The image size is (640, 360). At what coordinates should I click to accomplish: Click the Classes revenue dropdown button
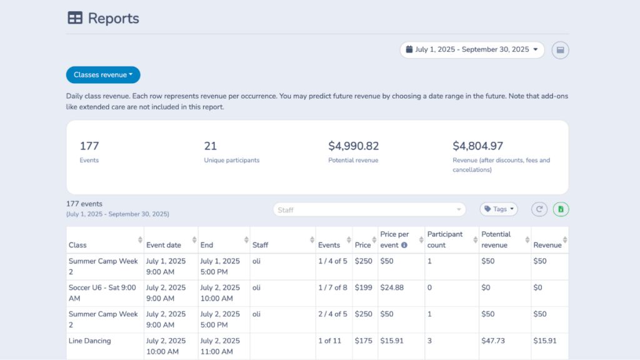103,75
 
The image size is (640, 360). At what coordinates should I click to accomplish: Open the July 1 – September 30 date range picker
472,50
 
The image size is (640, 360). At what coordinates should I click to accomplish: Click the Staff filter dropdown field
369,209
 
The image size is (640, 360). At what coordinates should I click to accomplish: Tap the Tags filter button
499,209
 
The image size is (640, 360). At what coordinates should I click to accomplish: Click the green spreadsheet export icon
561,209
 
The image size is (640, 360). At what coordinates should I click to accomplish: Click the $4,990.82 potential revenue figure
353,146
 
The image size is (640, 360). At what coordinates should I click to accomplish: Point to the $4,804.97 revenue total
477,146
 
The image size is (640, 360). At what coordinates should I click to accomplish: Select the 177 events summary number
89,146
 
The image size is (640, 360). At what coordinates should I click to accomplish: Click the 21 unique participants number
210,146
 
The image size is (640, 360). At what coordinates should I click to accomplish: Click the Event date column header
164,245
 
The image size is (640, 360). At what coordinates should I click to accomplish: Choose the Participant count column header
445,239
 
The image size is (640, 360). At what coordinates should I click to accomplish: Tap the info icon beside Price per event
404,245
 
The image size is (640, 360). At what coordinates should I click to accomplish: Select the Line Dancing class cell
90,341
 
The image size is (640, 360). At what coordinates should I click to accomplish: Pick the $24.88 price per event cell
391,288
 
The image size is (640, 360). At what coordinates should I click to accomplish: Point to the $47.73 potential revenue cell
493,341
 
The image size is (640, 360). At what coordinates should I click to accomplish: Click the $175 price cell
363,341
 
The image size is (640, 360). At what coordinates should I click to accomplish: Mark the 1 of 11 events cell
330,341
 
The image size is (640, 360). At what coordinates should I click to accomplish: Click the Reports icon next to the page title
75,18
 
